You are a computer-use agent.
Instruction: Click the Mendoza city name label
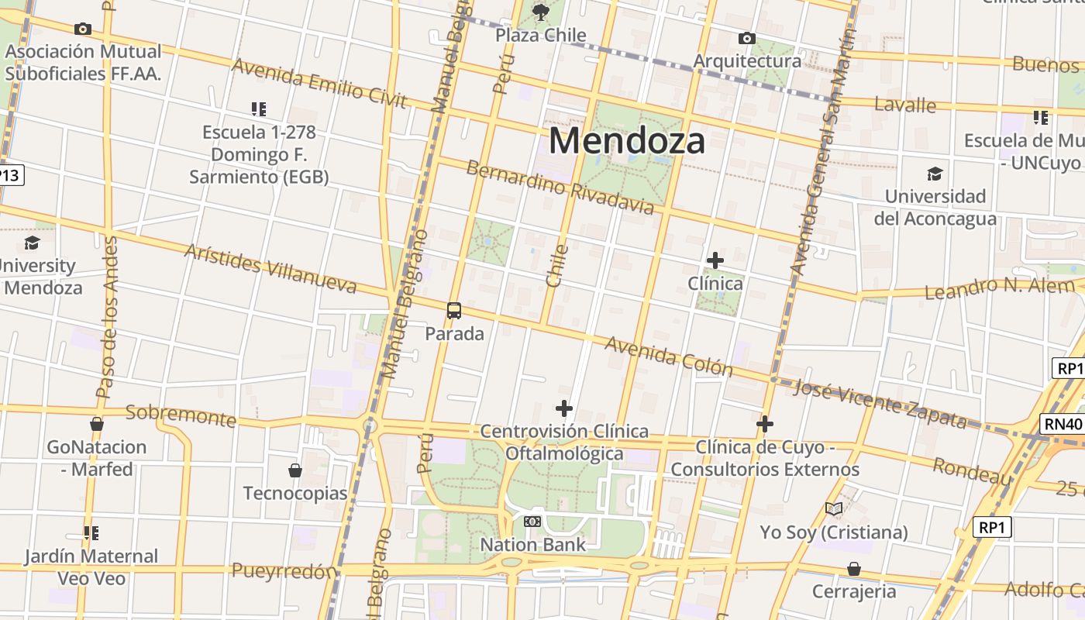click(627, 141)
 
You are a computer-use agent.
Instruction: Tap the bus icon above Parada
click(454, 311)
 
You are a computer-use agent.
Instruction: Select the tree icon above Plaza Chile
click(541, 12)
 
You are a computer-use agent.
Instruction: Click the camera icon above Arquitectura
click(747, 38)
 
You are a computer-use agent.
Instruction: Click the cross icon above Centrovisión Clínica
click(564, 408)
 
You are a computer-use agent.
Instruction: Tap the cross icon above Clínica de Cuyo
click(765, 424)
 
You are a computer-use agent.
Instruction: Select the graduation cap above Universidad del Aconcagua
click(935, 174)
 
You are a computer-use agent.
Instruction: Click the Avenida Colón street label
click(668, 356)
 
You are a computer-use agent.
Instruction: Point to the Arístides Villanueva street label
click(270, 269)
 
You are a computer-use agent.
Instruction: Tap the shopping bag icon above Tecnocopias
click(295, 470)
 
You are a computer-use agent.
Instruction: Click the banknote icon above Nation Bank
click(532, 522)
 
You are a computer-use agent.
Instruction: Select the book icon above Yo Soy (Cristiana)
click(834, 509)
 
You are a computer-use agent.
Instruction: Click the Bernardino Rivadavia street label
click(560, 187)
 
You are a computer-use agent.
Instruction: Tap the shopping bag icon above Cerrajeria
click(853, 569)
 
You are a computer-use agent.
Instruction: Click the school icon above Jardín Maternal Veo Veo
click(91, 533)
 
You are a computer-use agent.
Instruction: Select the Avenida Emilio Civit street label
click(319, 83)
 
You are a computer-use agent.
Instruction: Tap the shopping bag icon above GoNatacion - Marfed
click(97, 424)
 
